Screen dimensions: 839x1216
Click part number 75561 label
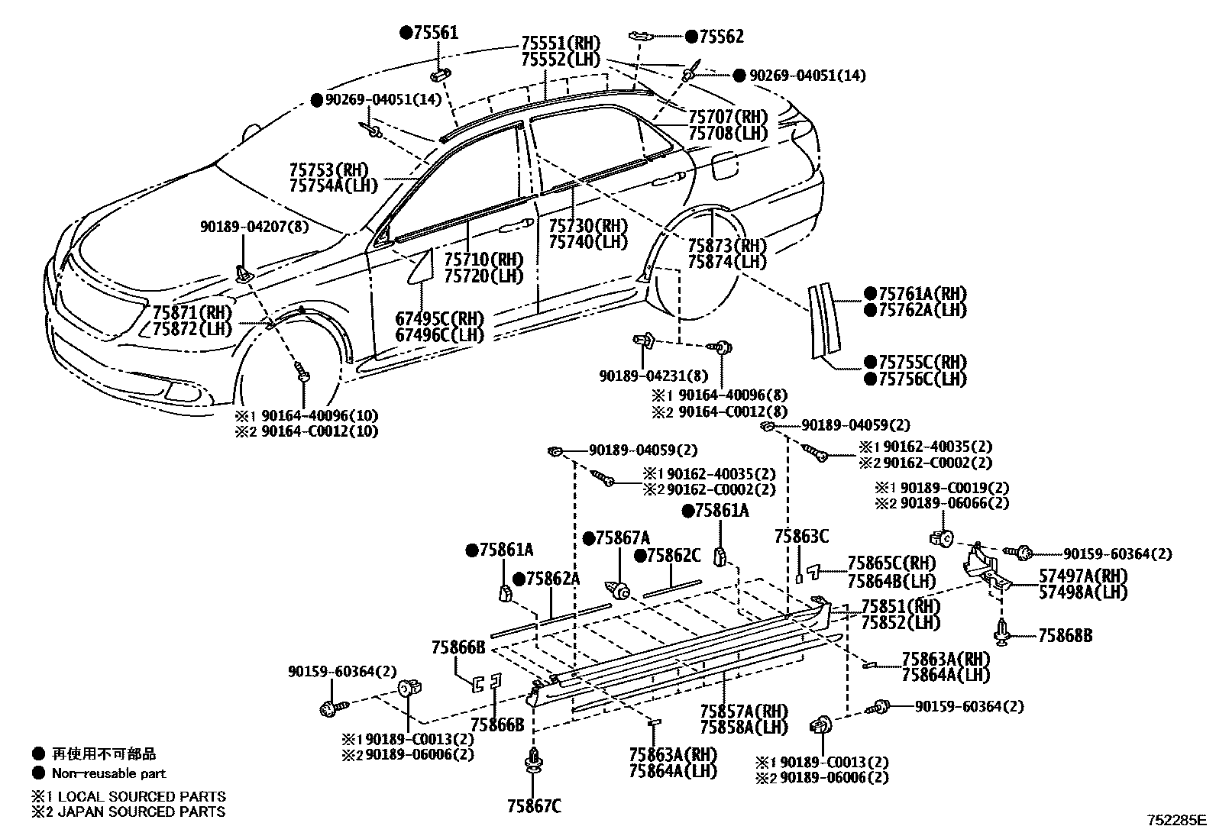pyautogui.click(x=435, y=32)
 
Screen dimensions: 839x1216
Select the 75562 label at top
pyautogui.click(x=720, y=36)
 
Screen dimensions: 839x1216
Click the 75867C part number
pyautogui.click(x=533, y=805)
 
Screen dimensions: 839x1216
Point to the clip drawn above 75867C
pyautogui.click(x=532, y=763)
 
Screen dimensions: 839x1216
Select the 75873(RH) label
pyautogui.click(x=726, y=246)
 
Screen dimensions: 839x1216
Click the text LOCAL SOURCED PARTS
pyautogui.click(x=138, y=796)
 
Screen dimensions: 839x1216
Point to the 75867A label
pyautogui.click(x=622, y=538)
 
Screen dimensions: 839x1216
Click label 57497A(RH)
pyautogui.click(x=1082, y=575)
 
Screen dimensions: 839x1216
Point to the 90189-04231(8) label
pyautogui.click(x=653, y=376)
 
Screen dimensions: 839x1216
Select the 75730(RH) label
pyautogui.click(x=587, y=225)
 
